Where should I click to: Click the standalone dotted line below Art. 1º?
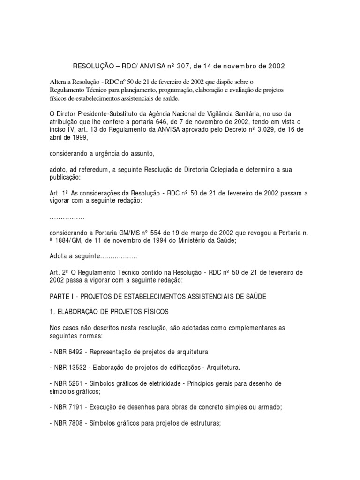(x=67, y=219)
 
